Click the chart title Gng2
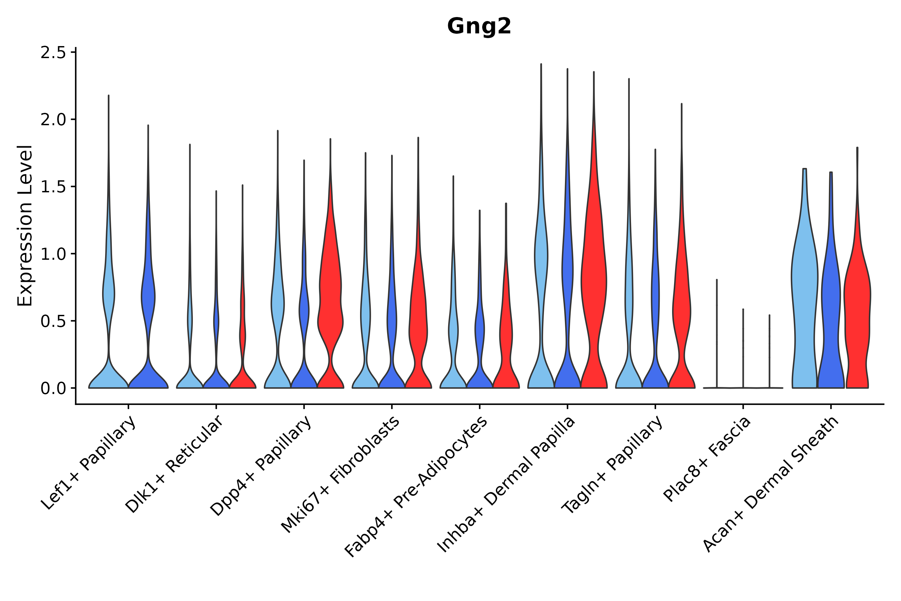[x=479, y=26]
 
